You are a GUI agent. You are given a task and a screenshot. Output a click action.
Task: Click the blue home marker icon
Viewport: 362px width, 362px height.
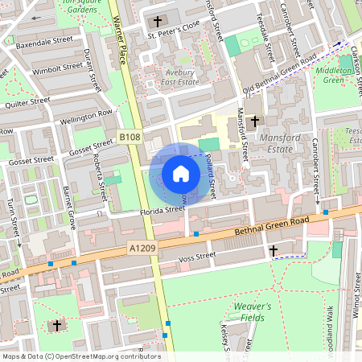coord(181,173)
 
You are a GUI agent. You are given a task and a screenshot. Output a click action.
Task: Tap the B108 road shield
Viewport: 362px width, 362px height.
coord(130,138)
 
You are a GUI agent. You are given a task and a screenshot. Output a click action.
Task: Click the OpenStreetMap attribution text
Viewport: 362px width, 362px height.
coord(80,356)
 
